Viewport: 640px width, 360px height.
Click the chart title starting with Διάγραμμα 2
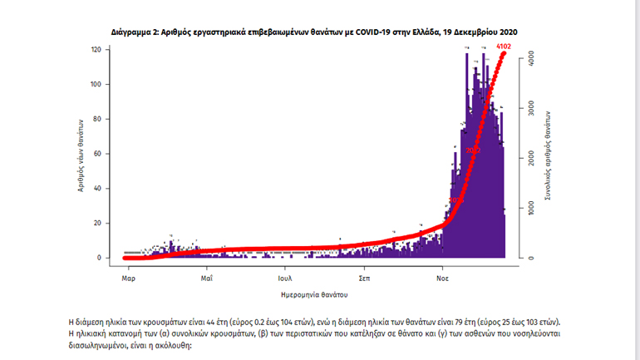[x=315, y=31]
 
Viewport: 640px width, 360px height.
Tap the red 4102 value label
[x=503, y=47]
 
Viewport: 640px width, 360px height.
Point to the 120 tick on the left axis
[x=96, y=50]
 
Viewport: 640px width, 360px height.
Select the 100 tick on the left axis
[x=96, y=85]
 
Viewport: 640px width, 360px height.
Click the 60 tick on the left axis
[x=97, y=154]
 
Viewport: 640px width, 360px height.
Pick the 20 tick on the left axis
[x=97, y=223]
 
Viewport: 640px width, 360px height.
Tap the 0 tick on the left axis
[x=99, y=258]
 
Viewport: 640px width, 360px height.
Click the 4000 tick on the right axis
[x=532, y=58]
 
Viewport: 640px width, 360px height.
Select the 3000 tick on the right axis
[x=532, y=108]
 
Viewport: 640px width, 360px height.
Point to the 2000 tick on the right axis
[x=532, y=158]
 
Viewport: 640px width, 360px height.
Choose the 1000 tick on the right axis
[x=532, y=208]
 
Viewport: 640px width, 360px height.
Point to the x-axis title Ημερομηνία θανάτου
[x=314, y=295]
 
